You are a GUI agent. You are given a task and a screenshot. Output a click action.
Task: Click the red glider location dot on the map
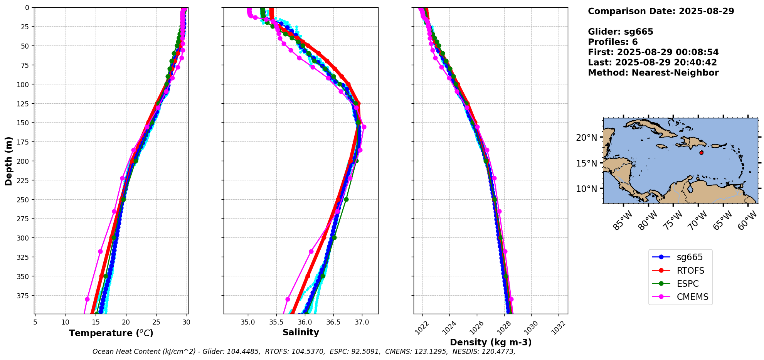point(701,153)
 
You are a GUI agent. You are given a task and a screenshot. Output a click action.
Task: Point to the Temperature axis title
point(111,333)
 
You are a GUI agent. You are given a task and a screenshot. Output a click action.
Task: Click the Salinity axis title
point(301,332)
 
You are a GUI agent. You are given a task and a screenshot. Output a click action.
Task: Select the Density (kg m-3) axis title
point(491,342)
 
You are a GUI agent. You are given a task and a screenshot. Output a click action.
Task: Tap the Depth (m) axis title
point(8,161)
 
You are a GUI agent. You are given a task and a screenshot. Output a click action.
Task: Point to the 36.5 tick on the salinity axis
point(333,322)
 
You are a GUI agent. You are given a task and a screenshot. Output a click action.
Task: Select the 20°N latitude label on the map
point(586,138)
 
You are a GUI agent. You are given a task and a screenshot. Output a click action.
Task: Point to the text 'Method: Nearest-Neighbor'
point(653,73)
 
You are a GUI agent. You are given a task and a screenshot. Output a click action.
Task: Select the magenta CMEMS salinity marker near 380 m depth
point(288,299)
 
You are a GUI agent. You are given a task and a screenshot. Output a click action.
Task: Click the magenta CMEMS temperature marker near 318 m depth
point(100,251)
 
